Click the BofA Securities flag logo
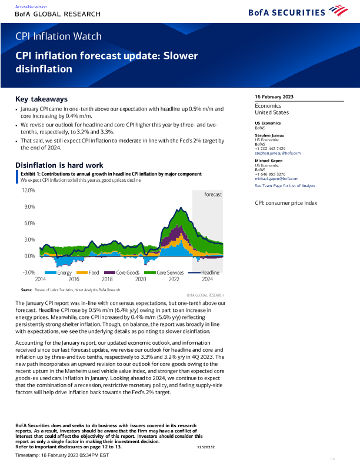point(338,10)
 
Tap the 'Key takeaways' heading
point(41,99)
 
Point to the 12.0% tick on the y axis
point(29,191)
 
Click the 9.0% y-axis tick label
point(29,207)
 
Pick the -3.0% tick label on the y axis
point(29,272)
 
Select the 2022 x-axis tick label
point(174,279)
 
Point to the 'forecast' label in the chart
point(213,194)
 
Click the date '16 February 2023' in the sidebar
point(274,97)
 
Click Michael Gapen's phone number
point(271,174)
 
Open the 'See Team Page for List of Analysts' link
point(285,185)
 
